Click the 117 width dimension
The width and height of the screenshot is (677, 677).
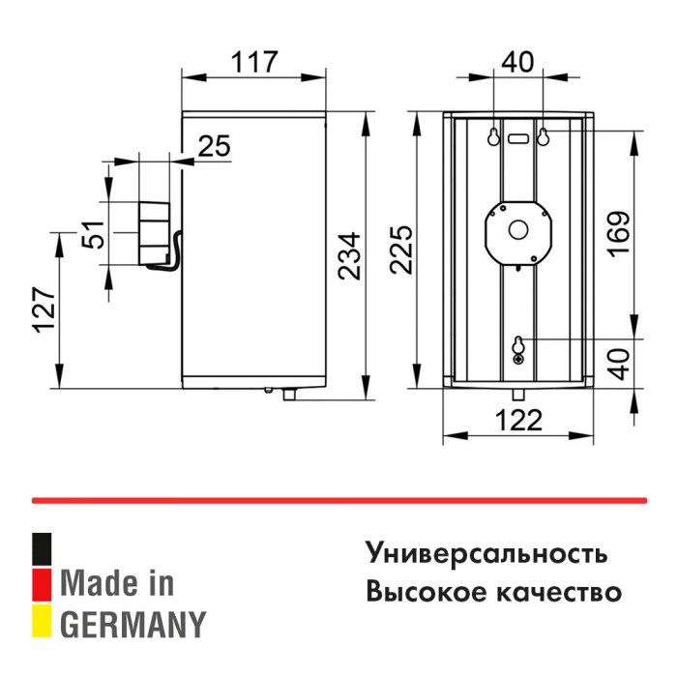[x=253, y=63]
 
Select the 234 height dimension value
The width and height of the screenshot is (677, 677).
[x=349, y=256]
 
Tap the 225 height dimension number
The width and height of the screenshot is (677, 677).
[x=401, y=250]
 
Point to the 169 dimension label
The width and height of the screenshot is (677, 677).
[x=620, y=234]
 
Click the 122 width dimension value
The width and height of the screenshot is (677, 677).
[x=518, y=420]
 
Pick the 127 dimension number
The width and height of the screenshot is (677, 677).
[x=44, y=309]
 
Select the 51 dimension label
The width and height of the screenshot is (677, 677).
[x=93, y=234]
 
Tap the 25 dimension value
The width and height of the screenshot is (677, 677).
[x=214, y=146]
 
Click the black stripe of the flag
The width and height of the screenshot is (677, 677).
[x=42, y=549]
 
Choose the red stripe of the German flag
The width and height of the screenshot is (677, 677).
[x=42, y=584]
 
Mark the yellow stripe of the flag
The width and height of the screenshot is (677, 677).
[x=42, y=621]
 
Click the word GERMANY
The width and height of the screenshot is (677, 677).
[x=133, y=625]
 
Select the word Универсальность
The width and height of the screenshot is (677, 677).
[x=486, y=553]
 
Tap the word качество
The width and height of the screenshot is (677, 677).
[x=559, y=592]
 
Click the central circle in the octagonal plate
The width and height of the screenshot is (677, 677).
[x=518, y=229]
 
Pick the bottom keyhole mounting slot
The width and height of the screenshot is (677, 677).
[x=518, y=344]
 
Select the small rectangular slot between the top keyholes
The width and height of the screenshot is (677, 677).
[x=518, y=139]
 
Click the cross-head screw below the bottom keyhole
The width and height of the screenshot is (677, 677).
[x=518, y=360]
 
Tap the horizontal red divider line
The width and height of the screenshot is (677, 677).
[x=339, y=501]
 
